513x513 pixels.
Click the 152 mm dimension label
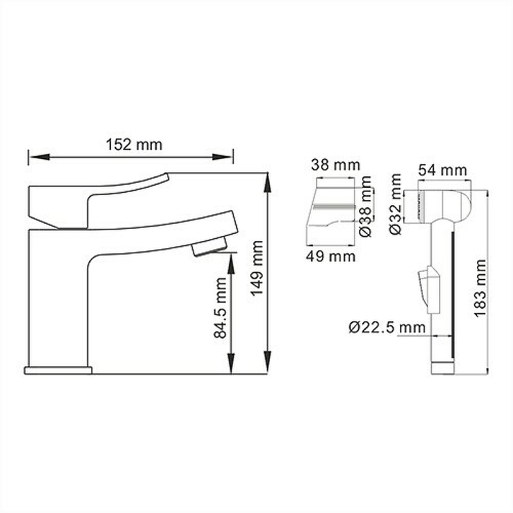click(134, 145)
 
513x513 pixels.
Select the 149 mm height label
click(257, 268)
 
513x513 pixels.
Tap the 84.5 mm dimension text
click(220, 308)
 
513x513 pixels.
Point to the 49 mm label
click(331, 256)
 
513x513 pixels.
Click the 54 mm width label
click(442, 171)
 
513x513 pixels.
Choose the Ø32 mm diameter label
click(396, 204)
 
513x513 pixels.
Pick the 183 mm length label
click(480, 288)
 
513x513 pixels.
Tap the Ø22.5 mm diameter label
click(387, 327)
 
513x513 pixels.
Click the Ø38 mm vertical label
click(366, 206)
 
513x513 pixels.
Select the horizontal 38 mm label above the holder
click(335, 165)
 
